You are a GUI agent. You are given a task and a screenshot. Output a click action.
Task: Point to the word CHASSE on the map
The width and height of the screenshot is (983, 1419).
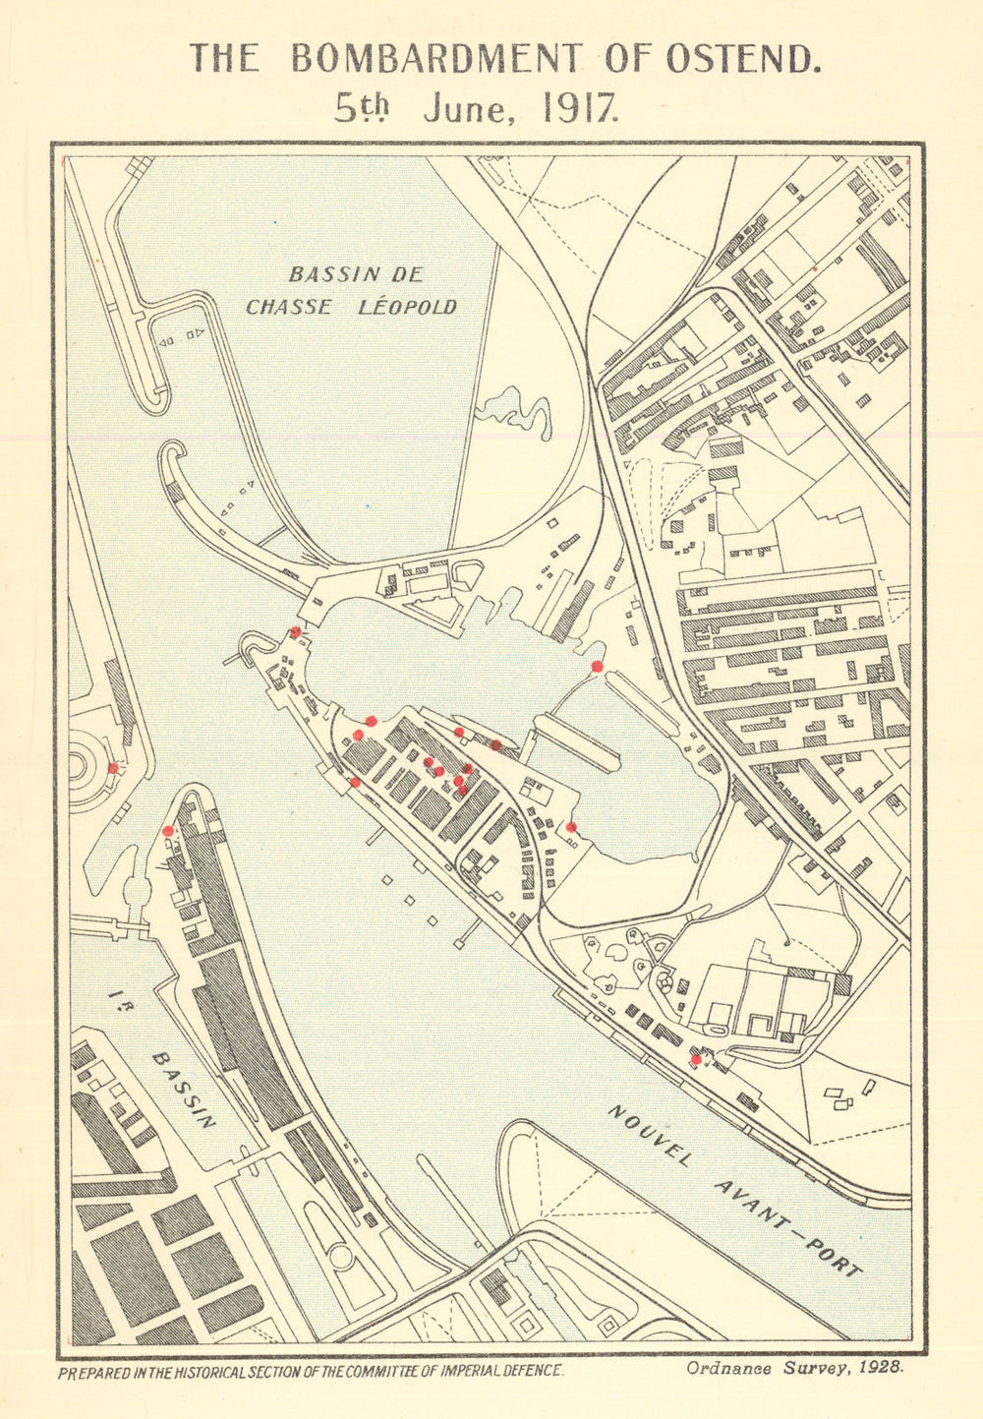(x=288, y=307)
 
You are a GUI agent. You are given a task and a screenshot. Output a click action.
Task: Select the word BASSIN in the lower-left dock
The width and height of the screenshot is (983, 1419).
(x=183, y=1090)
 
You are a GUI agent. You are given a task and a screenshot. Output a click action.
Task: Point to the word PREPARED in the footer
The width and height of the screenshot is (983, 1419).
(x=97, y=1370)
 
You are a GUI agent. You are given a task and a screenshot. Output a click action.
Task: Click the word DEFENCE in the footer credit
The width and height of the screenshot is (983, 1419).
(x=528, y=1370)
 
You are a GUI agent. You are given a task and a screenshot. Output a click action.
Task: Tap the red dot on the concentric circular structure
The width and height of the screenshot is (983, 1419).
(x=113, y=767)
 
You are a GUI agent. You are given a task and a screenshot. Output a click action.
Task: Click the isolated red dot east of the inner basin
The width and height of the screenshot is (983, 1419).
(x=596, y=667)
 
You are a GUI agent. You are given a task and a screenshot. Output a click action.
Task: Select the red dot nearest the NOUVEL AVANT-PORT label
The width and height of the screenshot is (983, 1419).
(x=696, y=1059)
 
